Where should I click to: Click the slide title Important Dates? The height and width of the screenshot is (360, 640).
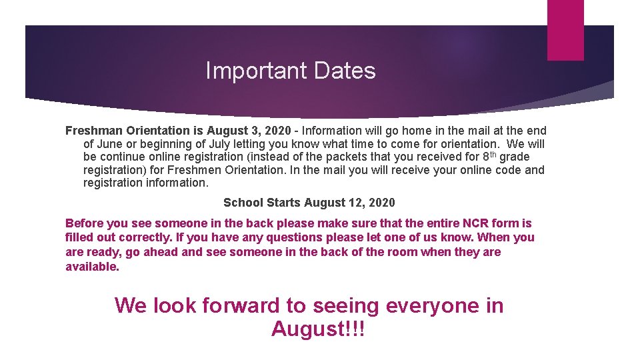pos(290,71)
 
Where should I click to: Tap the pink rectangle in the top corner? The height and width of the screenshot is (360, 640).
pos(565,30)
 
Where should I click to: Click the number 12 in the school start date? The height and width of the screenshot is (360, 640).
pos(358,203)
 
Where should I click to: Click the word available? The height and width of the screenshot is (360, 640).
pos(92,267)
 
